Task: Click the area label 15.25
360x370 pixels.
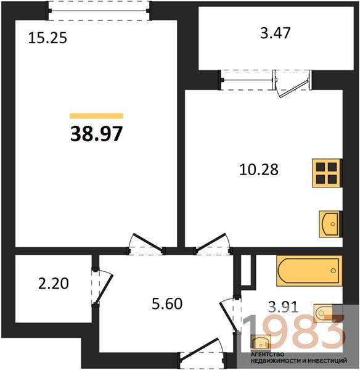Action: coord(47,38)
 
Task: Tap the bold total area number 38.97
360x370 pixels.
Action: coord(97,134)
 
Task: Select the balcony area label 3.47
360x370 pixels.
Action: coord(276,33)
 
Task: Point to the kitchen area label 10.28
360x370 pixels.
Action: coord(259,170)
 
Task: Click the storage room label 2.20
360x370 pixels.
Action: coord(54,284)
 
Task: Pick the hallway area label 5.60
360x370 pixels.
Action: coord(167,303)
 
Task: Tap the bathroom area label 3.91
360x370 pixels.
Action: coord(284,307)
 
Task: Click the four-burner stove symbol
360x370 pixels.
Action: coord(327,173)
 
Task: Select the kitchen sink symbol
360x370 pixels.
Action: coord(330,224)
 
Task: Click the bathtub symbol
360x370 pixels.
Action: coord(309,271)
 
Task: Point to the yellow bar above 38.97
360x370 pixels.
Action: coord(97,116)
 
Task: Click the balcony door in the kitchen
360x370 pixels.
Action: coord(292,83)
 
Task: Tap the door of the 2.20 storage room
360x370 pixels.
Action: coord(102,287)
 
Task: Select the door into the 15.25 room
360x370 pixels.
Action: coord(146,244)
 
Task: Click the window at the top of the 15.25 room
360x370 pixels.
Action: coord(99,10)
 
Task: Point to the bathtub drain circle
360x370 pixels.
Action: coord(333,271)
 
